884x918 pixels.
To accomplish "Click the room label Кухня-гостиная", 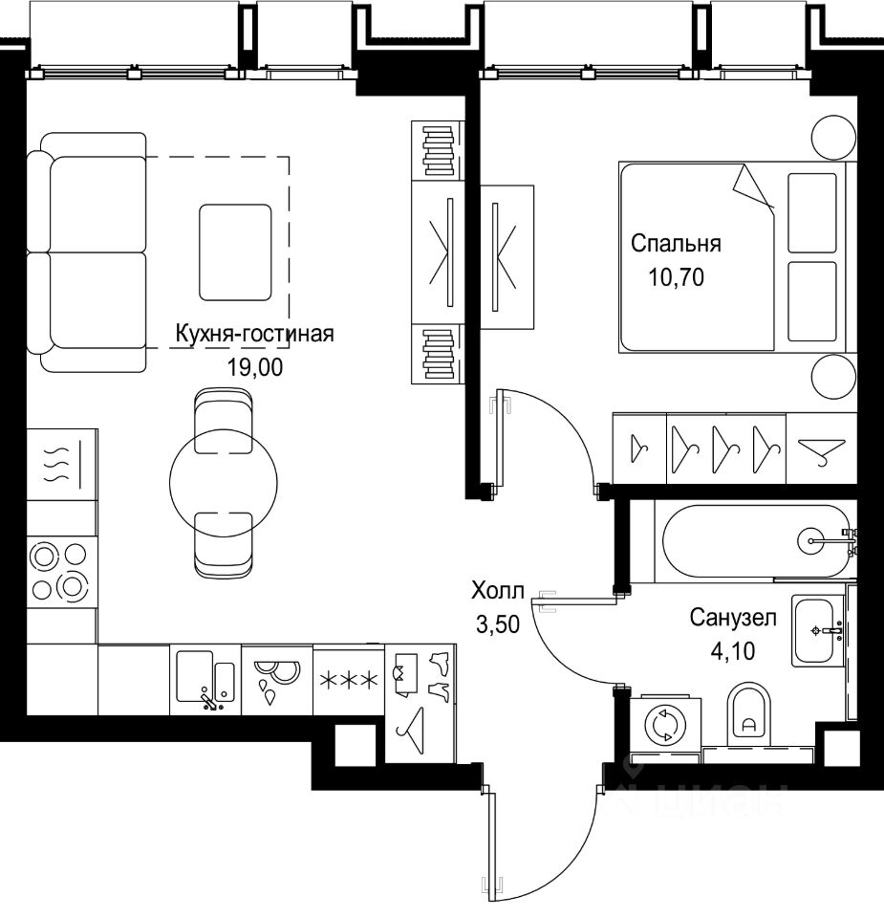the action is [x=254, y=334].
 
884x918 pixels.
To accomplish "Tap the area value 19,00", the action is [x=254, y=367].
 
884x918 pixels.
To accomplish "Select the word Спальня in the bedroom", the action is [x=676, y=244].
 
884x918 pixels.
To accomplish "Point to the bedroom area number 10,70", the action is [x=676, y=277].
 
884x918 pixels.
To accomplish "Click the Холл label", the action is [x=498, y=591].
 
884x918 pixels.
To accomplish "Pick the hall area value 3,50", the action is [x=498, y=624].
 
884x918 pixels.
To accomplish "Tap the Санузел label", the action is [x=733, y=618].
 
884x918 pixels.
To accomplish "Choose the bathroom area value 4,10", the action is [x=733, y=651].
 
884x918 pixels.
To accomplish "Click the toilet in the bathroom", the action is [x=749, y=712].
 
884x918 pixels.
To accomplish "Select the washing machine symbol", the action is [x=665, y=726].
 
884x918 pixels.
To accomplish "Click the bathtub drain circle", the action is [x=812, y=541].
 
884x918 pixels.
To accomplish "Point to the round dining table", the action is [x=224, y=483].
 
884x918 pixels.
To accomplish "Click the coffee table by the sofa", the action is [x=235, y=252].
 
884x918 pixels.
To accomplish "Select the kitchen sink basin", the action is [x=195, y=676].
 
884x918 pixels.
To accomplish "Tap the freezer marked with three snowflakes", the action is [x=349, y=680].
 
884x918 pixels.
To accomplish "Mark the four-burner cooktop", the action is [x=61, y=571].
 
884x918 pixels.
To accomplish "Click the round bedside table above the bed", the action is [x=833, y=138].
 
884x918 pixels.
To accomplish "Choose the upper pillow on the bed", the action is [x=812, y=213].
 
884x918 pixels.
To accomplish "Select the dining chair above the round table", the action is [x=224, y=422].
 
